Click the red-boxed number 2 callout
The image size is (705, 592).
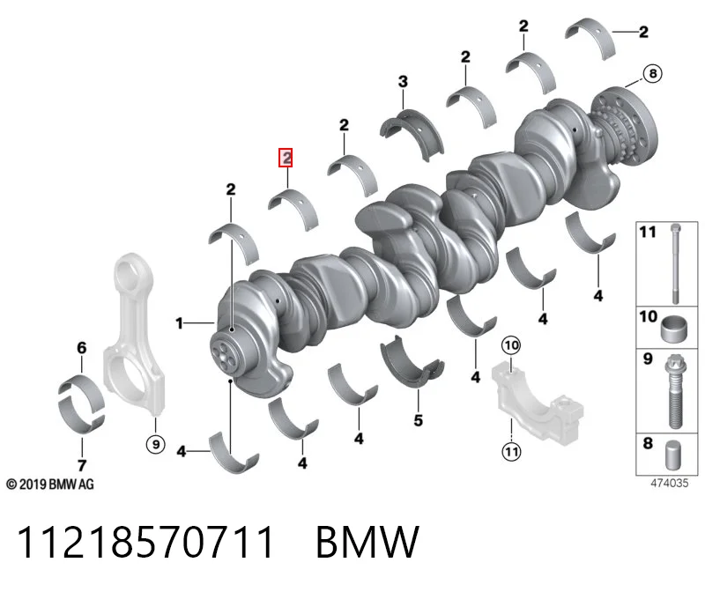[286, 158]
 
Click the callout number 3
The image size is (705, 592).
[403, 81]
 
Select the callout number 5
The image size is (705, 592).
[418, 420]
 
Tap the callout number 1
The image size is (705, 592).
[180, 322]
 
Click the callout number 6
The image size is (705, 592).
[81, 347]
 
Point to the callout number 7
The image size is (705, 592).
[82, 465]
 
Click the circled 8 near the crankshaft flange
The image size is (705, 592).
[653, 73]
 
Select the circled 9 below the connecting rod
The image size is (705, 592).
[156, 444]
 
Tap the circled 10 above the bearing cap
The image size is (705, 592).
[511, 345]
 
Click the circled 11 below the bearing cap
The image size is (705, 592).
[512, 451]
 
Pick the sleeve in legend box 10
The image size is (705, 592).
[674, 329]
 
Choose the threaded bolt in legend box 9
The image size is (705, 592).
[674, 391]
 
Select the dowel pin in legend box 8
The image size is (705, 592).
[672, 455]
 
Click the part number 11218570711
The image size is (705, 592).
[145, 542]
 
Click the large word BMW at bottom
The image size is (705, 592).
[367, 542]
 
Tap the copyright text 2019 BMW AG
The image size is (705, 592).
[50, 485]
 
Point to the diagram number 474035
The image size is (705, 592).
[670, 484]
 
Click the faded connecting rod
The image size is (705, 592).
[133, 334]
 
